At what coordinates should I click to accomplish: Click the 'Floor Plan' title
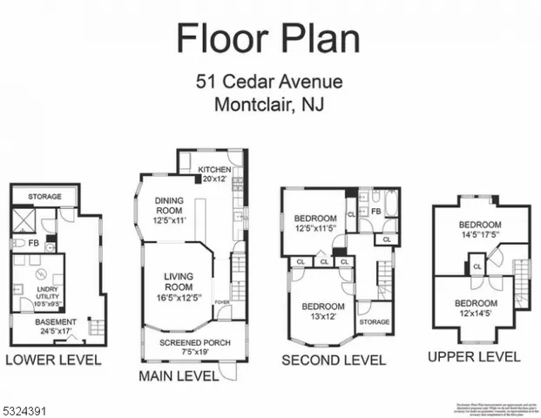[268, 38]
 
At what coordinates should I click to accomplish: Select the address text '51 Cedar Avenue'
[268, 84]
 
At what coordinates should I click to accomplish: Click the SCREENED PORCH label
[194, 347]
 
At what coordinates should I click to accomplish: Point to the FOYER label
[222, 303]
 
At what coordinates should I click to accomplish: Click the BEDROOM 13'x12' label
[323, 312]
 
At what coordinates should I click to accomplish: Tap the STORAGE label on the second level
[375, 322]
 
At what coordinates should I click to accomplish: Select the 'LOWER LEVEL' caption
[53, 360]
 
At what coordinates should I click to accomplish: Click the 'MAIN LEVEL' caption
[178, 376]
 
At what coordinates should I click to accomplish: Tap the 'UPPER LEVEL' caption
[474, 357]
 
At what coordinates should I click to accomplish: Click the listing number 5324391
[30, 407]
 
